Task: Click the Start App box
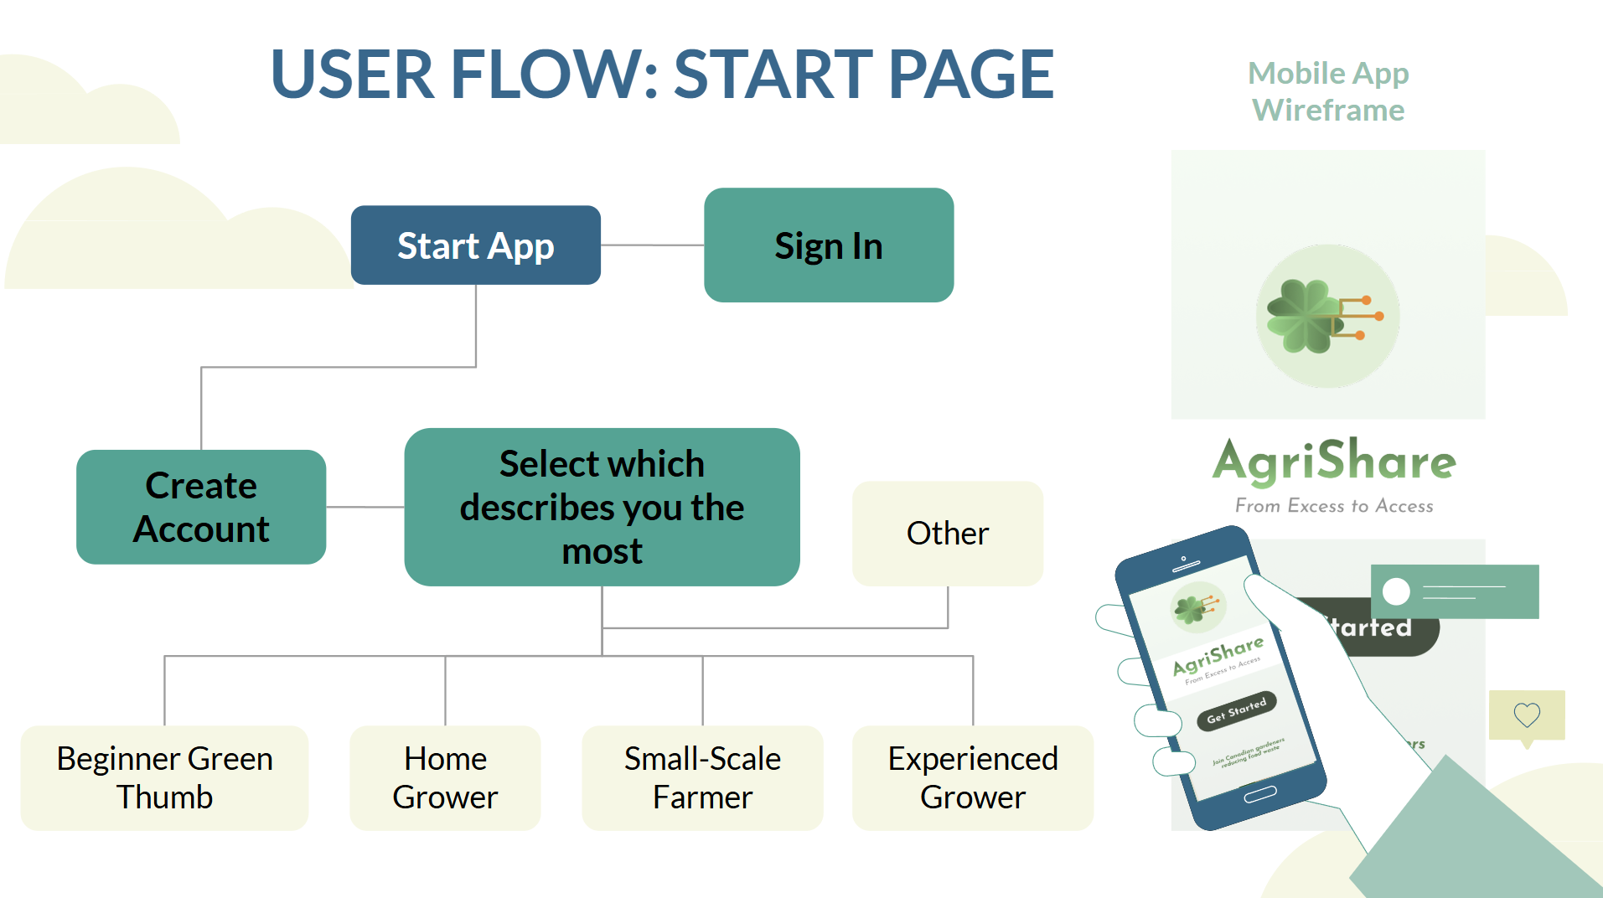tap(475, 245)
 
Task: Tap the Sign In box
tap(828, 245)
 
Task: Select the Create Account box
tap(201, 507)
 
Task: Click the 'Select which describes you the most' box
tap(602, 507)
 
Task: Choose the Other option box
tap(947, 534)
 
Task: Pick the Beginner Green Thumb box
tap(164, 777)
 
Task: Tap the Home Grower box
tap(445, 777)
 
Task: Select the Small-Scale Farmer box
tap(702, 777)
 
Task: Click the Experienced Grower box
tap(972, 777)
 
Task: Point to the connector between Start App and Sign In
tap(652, 245)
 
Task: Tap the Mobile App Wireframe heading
tap(1328, 91)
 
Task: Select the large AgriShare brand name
tap(1333, 461)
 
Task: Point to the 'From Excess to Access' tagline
tap(1333, 506)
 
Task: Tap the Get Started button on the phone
tap(1237, 710)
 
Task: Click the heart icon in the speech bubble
tap(1526, 715)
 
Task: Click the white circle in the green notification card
tap(1396, 591)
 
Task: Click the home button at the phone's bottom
tap(1259, 794)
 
